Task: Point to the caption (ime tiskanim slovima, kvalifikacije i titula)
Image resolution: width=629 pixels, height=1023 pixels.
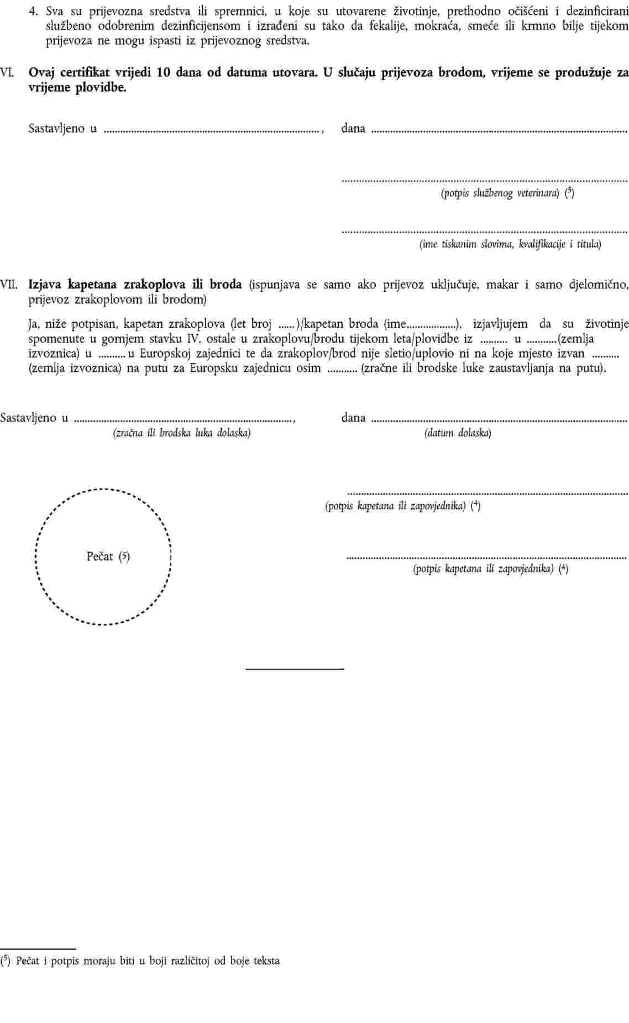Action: (x=510, y=244)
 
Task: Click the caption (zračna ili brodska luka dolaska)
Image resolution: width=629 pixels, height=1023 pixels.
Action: (x=182, y=433)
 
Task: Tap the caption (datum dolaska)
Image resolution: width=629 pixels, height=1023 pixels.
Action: (x=458, y=433)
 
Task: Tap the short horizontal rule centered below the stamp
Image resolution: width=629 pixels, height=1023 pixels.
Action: (x=295, y=669)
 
